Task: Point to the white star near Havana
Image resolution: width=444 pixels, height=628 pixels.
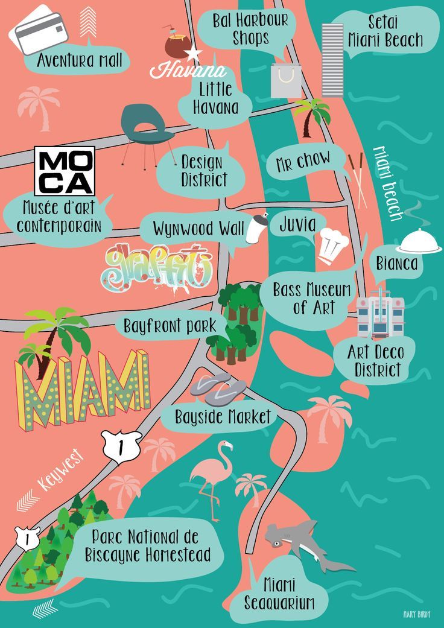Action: click(x=194, y=54)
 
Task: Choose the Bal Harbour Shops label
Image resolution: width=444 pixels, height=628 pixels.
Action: click(x=250, y=28)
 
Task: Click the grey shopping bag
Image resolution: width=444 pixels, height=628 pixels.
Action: click(x=286, y=80)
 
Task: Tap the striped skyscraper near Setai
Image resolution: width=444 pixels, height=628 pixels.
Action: click(x=332, y=60)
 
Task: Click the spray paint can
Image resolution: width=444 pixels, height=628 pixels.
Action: click(x=258, y=227)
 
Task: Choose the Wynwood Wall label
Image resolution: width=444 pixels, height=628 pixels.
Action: click(x=198, y=229)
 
